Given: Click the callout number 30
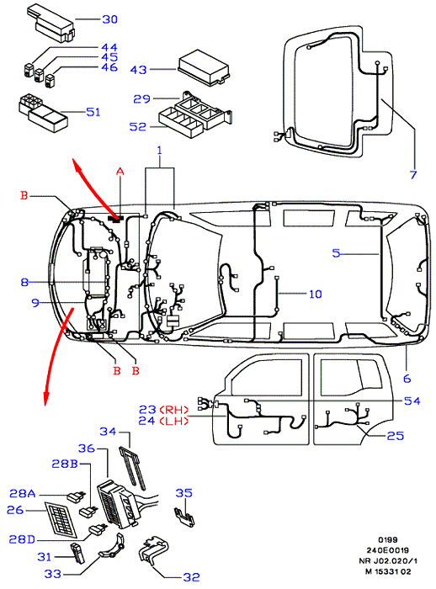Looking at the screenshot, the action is (109, 19).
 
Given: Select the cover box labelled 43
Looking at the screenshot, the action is (204, 67).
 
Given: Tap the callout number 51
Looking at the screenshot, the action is (93, 112).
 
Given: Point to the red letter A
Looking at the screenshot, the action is (120, 172).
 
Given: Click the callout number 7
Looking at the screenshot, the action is (413, 175).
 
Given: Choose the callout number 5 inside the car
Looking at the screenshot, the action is (337, 253).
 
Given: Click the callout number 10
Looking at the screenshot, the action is (316, 294).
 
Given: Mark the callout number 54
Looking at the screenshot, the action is (412, 401).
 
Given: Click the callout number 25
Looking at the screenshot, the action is (396, 436).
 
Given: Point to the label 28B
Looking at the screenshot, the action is (65, 464).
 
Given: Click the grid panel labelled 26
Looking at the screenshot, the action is (61, 519).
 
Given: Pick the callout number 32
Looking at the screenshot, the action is (191, 576).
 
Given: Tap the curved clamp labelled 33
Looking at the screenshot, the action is (112, 546).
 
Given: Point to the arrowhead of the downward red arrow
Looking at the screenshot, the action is (45, 399).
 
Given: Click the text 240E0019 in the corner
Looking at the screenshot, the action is (387, 550).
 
